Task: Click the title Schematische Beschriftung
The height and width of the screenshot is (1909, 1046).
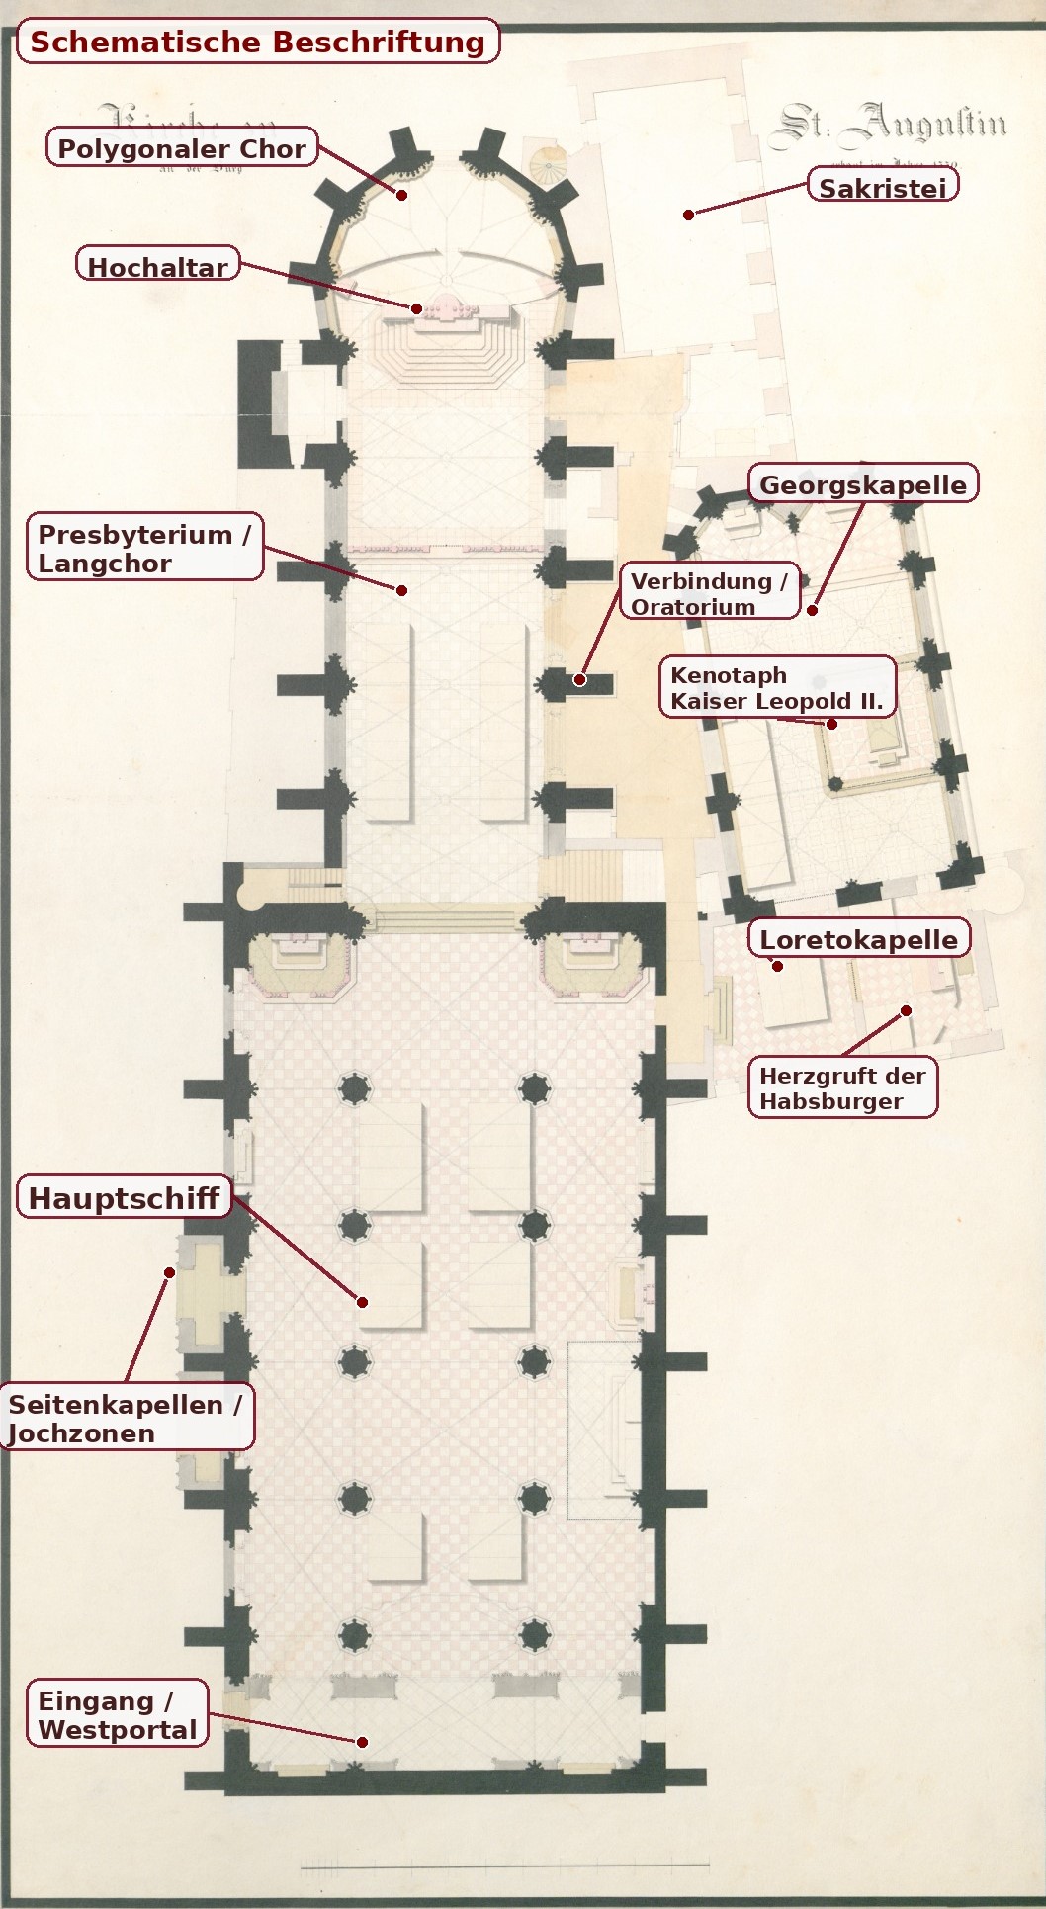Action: [x=257, y=43]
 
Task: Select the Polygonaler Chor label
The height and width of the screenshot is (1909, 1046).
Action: [x=182, y=148]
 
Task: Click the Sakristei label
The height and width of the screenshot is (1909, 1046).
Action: [x=883, y=188]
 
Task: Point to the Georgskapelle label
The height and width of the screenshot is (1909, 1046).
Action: [x=863, y=484]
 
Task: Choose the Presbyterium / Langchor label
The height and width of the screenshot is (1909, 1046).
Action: [x=144, y=548]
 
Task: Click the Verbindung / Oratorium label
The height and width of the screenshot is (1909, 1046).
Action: [x=709, y=593]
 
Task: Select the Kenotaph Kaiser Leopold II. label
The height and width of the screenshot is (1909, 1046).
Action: [x=777, y=688]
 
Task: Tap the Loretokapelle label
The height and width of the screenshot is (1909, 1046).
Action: [x=858, y=939]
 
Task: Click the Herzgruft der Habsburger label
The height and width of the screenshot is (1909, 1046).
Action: [x=842, y=1087]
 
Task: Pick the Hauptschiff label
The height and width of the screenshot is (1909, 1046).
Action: [x=124, y=1198]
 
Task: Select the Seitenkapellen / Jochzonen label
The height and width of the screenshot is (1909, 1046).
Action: [x=126, y=1418]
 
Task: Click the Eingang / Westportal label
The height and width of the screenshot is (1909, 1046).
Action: [x=117, y=1714]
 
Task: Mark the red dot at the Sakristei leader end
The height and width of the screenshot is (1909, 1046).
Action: [x=688, y=215]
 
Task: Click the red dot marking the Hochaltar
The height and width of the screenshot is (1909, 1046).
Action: [x=417, y=309]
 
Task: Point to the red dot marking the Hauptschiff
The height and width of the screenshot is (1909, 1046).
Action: [x=363, y=1302]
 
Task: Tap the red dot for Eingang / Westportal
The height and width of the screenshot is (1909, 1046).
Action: [x=363, y=1742]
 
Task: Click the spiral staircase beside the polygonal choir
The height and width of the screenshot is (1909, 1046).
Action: [x=546, y=165]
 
